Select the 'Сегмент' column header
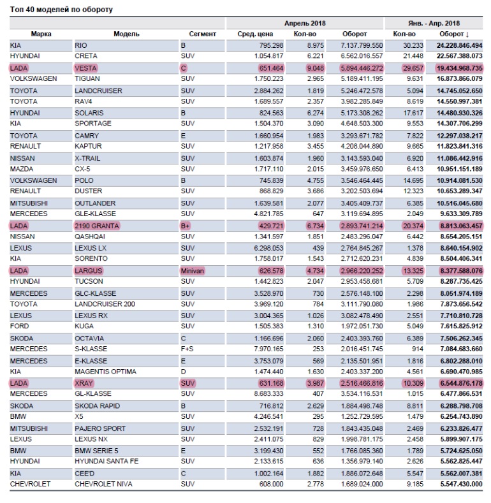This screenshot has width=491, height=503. [x=203, y=34]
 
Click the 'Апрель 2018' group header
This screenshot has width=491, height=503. [x=305, y=23]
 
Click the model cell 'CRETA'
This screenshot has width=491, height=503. [x=87, y=56]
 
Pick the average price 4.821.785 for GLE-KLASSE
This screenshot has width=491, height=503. [x=268, y=214]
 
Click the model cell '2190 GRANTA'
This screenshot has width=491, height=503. [x=97, y=226]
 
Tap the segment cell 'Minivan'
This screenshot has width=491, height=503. [x=193, y=271]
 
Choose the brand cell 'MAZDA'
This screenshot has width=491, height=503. [x=23, y=169]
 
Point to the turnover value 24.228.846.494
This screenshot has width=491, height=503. [x=459, y=45]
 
